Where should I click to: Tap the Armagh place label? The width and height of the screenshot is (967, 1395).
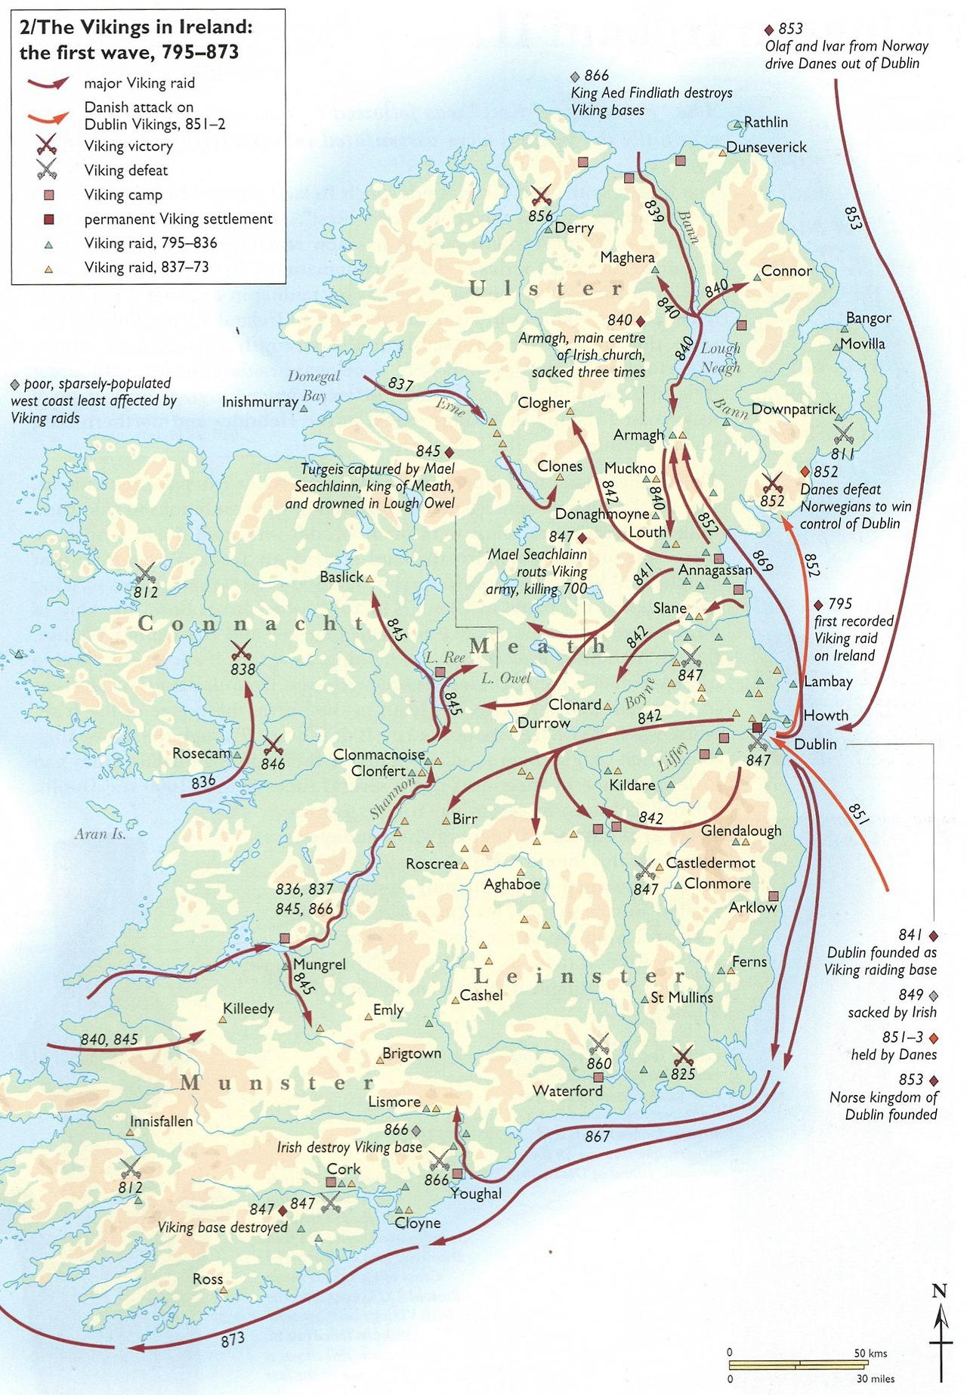(638, 435)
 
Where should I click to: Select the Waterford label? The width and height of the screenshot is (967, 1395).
(567, 1090)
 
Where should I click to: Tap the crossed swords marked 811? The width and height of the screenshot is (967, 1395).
(843, 434)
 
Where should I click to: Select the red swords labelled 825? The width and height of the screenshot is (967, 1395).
(682, 1056)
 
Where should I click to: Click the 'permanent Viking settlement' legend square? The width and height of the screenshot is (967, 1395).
(48, 219)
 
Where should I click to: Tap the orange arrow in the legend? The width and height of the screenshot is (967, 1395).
(48, 116)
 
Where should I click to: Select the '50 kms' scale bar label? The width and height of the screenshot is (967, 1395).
(870, 1353)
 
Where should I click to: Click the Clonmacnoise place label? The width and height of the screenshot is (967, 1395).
(374, 755)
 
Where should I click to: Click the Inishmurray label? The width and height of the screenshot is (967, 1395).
(259, 402)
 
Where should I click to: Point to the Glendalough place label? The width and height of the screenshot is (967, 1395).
(741, 831)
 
